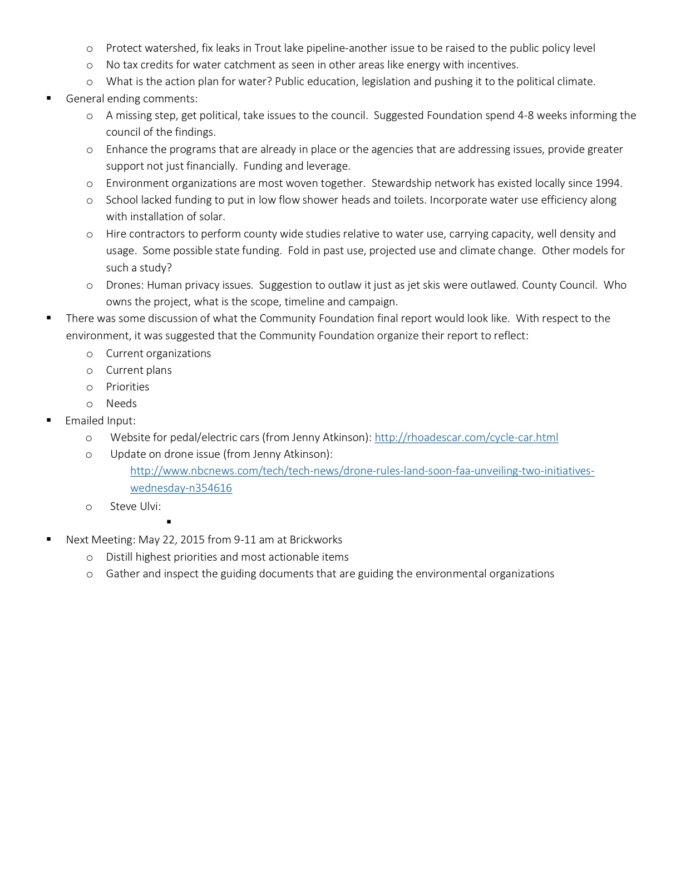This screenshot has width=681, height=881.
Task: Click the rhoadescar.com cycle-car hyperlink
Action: (466, 437)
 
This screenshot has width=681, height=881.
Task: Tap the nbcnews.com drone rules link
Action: (362, 471)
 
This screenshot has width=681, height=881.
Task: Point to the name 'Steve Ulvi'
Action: (134, 506)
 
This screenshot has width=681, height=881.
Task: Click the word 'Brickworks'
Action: (315, 540)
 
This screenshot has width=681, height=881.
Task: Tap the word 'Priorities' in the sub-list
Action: (127, 387)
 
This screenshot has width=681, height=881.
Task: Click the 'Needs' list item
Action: (121, 403)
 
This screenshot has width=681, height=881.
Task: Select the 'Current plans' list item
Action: (139, 370)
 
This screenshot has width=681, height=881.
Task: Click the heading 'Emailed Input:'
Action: (100, 420)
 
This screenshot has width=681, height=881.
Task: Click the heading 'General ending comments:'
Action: (131, 98)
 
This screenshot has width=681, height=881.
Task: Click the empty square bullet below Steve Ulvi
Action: (169, 522)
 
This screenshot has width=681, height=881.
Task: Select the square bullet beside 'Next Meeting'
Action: (49, 539)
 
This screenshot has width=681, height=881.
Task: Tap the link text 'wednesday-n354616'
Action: (181, 488)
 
